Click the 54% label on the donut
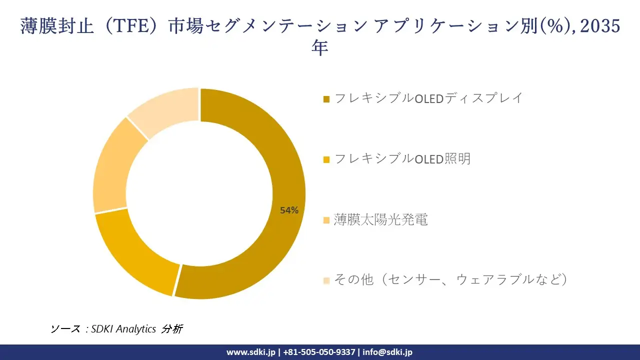coord(289,210)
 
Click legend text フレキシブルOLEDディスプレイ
coord(428,98)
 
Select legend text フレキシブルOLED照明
coord(402,159)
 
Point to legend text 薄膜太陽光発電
coord(381,219)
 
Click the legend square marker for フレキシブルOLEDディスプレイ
coord(326,99)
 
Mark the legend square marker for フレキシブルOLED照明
coord(326,159)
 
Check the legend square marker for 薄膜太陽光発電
coord(326,220)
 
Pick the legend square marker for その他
coord(326,280)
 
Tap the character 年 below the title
coord(320,48)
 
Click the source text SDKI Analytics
coord(123,329)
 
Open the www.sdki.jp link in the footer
coord(250,352)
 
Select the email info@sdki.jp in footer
coord(387,352)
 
